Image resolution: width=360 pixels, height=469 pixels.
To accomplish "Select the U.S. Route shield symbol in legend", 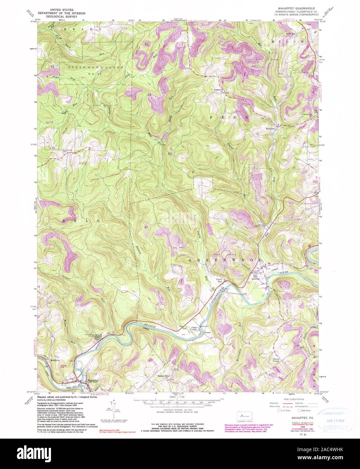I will click(279, 411).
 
